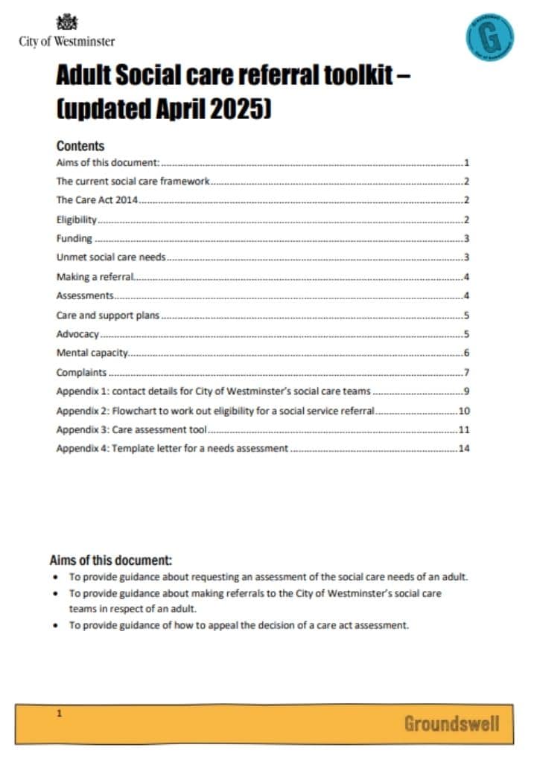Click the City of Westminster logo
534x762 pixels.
tap(67, 32)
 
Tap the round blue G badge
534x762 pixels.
tap(489, 36)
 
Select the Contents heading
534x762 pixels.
tap(80, 146)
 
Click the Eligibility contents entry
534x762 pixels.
tap(77, 220)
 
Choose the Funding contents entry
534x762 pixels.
tap(74, 239)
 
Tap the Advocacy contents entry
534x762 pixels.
tap(77, 334)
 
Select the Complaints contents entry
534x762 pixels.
tap(82, 372)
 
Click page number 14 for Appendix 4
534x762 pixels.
tap(464, 449)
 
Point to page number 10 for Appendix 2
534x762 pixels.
tap(464, 411)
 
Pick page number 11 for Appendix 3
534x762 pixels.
tap(464, 430)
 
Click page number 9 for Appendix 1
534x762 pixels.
tap(466, 391)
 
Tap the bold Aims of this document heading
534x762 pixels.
tap(110, 560)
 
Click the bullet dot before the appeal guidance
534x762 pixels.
tap(58, 626)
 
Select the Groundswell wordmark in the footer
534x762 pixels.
tap(451, 723)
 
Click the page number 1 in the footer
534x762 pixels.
tap(60, 714)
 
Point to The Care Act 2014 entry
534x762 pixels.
tap(98, 200)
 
